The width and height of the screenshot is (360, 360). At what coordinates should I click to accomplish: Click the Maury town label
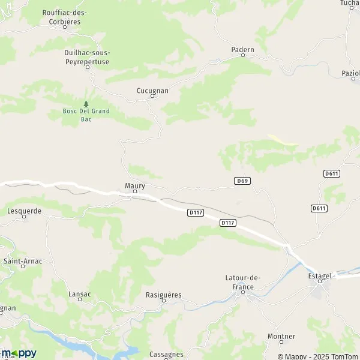(x=135, y=185)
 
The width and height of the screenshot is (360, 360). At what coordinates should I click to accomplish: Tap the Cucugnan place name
(x=152, y=91)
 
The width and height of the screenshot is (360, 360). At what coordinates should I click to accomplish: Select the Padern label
(x=243, y=49)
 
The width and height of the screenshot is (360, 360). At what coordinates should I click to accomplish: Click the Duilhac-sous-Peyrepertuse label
(x=87, y=56)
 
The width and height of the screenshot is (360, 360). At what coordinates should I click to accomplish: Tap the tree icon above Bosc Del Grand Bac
(x=86, y=104)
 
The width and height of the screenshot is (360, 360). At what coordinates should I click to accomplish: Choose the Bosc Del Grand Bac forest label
(x=86, y=115)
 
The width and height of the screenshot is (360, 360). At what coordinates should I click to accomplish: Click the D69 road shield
(x=242, y=181)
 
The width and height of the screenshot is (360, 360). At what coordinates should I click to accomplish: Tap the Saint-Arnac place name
(x=23, y=261)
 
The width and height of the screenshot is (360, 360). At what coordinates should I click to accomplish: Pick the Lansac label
(x=80, y=295)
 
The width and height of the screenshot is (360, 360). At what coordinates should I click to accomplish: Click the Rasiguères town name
(x=164, y=295)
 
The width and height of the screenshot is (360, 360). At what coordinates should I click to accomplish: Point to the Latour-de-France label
(x=244, y=281)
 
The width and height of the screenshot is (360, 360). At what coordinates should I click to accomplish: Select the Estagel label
(x=320, y=275)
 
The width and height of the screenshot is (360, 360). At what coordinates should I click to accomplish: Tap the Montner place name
(x=282, y=336)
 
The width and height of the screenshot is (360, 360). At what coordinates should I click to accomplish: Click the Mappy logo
(x=19, y=353)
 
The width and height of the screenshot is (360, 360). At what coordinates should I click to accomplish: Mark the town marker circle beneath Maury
(x=135, y=192)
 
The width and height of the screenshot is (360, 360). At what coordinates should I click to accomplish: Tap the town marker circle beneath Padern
(x=243, y=55)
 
